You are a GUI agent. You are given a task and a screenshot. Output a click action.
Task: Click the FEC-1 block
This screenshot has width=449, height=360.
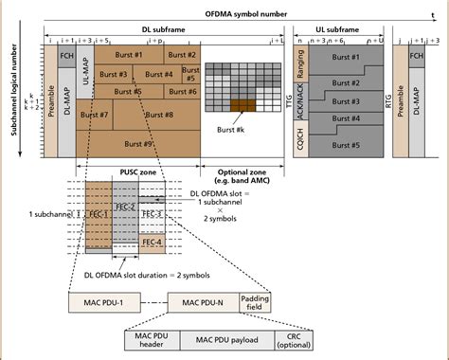point(97,215)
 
